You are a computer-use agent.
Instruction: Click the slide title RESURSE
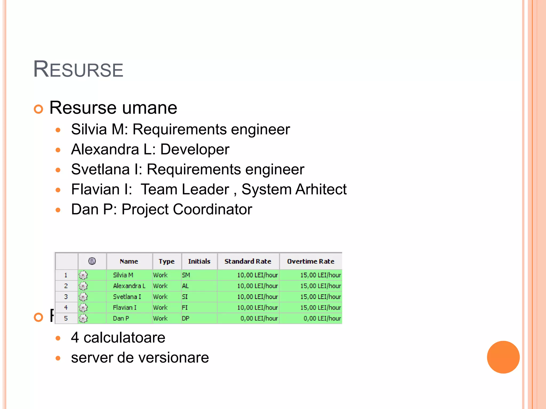(x=78, y=69)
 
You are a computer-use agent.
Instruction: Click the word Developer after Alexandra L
(x=195, y=149)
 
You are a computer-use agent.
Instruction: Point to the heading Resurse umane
(x=113, y=108)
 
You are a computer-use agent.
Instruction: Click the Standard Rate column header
(x=248, y=261)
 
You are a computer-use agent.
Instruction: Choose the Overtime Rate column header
(x=310, y=261)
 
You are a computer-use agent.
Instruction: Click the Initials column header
(x=199, y=261)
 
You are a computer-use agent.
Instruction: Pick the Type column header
(x=166, y=261)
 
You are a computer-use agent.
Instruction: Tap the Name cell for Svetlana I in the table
(x=127, y=297)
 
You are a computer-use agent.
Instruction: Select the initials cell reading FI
(x=185, y=308)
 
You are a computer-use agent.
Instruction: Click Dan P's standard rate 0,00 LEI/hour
(x=259, y=318)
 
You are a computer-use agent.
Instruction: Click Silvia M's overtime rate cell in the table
(x=320, y=275)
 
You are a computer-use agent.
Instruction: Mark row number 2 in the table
(x=66, y=286)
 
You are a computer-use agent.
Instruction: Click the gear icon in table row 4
(x=83, y=308)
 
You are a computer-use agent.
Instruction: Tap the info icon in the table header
(x=92, y=261)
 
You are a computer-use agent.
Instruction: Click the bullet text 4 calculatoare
(x=118, y=338)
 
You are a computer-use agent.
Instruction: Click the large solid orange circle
(x=503, y=357)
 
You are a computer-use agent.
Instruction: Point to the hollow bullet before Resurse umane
(x=39, y=109)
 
